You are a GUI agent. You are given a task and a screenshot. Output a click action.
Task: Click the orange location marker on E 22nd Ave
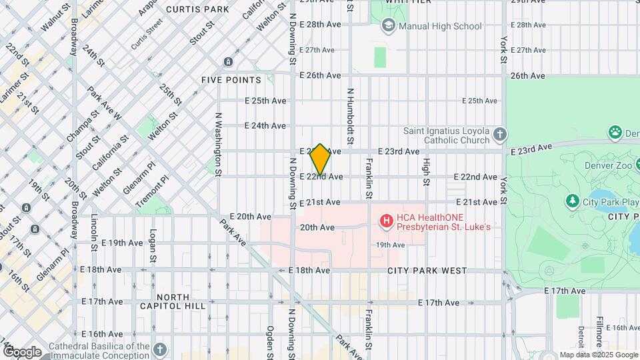(x=320, y=160)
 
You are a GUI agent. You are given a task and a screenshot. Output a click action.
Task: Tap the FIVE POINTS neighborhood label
(x=231, y=80)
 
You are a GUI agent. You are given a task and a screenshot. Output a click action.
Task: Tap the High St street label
(x=425, y=171)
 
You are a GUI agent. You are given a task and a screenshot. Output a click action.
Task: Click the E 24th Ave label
(x=265, y=125)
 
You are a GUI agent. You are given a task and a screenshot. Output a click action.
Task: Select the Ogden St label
(x=270, y=341)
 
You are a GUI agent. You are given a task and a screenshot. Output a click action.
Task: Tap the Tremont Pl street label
(x=147, y=193)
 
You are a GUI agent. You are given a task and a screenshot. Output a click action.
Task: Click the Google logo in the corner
(x=21, y=352)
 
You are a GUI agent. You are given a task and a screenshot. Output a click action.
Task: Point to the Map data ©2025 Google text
(x=598, y=355)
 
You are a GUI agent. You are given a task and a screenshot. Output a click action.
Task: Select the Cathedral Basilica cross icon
(x=159, y=349)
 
